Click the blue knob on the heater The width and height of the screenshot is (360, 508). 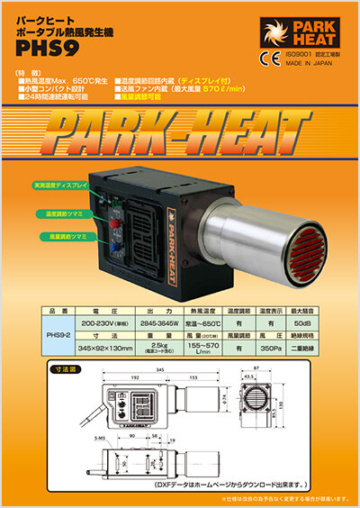[116, 243]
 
